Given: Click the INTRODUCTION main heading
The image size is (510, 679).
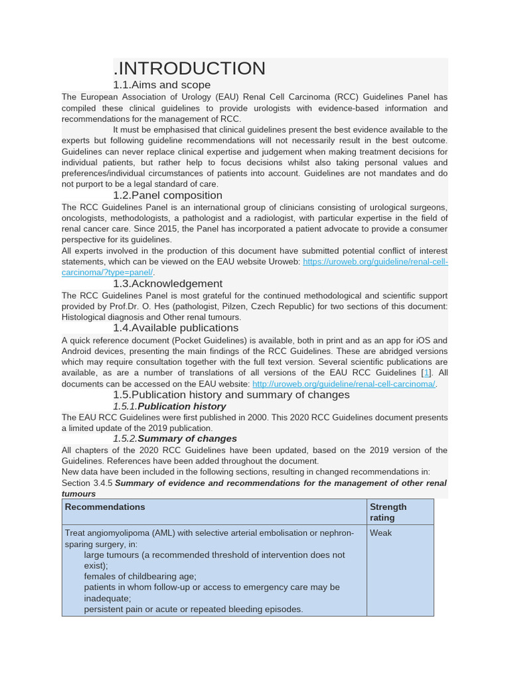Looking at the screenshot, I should click(190, 68).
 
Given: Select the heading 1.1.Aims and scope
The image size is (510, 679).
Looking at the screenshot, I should click(161, 85).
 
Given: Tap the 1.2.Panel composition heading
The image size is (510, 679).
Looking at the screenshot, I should click(167, 195).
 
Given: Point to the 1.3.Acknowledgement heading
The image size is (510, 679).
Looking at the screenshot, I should click(167, 284).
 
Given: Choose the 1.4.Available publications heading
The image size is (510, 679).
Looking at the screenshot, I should click(175, 328).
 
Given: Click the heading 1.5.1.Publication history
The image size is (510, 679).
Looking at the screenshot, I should click(169, 406).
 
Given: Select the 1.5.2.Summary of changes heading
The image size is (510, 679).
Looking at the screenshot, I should click(175, 438).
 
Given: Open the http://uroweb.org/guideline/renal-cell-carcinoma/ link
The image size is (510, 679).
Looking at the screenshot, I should click(343, 384).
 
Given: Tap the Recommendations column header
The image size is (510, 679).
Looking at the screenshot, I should click(105, 507).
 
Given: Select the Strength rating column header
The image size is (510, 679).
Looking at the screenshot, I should click(388, 512).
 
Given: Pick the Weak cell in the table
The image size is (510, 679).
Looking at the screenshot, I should click(381, 533).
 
